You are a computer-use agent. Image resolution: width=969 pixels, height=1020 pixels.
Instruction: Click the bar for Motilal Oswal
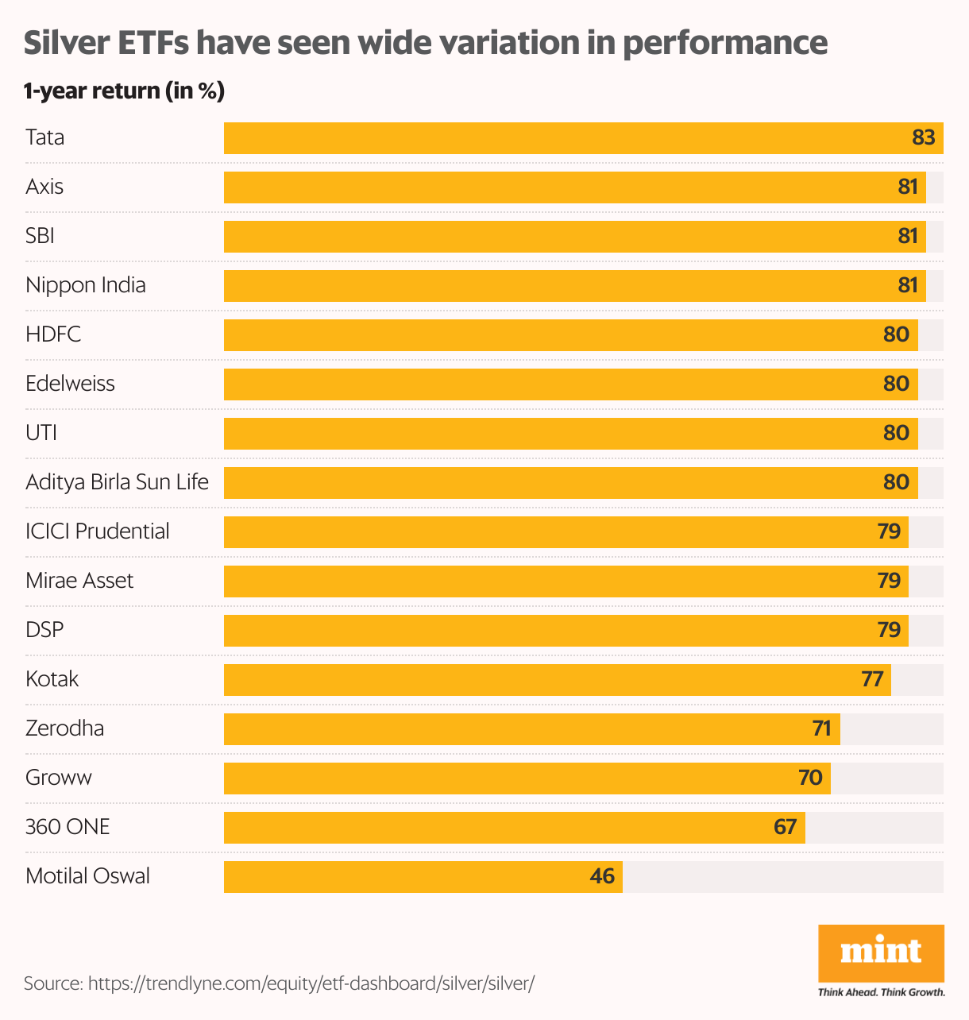[x=423, y=877]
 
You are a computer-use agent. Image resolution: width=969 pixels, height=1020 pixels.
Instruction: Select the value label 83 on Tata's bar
[x=923, y=138]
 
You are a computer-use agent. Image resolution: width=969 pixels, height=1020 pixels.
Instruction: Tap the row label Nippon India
[x=86, y=285]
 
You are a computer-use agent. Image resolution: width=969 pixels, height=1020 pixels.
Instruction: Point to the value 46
[x=602, y=877]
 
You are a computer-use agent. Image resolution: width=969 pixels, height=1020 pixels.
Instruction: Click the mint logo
[x=881, y=952]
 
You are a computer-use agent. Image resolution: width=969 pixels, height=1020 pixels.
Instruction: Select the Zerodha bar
[x=531, y=729]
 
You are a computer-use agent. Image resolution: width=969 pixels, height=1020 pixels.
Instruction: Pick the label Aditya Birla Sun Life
[x=117, y=482]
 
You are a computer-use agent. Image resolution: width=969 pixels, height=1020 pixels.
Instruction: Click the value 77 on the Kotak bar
[x=872, y=680]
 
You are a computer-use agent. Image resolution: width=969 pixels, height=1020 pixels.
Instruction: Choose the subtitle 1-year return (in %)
[x=124, y=91]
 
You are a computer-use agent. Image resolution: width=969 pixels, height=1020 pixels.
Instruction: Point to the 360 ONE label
[x=68, y=827]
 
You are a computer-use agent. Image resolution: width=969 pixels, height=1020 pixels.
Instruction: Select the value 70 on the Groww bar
[x=810, y=779]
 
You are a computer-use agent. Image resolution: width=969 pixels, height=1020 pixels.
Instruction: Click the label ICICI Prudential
[x=98, y=531]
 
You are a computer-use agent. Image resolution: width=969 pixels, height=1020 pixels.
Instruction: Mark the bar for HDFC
[x=570, y=335]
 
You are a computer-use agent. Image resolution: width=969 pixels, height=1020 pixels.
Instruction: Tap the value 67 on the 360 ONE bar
[x=785, y=828]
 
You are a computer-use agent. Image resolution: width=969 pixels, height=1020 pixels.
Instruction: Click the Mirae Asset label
[x=79, y=581]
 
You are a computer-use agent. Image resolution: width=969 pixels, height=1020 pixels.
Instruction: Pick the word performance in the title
[x=724, y=43]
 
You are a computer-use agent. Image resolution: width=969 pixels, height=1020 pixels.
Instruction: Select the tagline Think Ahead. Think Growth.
[x=881, y=992]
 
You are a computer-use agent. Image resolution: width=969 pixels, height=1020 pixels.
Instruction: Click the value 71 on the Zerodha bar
[x=821, y=729]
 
